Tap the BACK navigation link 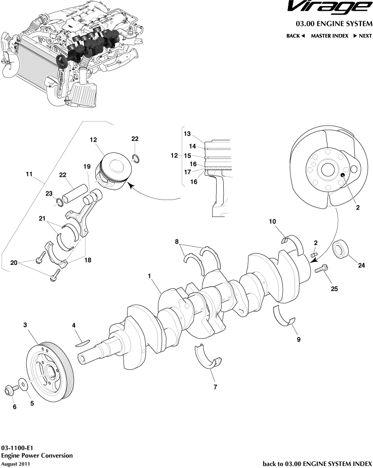296,36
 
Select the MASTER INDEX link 329,36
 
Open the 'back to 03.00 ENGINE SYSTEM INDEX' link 317,463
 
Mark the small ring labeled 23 60,203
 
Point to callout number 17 187,171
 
